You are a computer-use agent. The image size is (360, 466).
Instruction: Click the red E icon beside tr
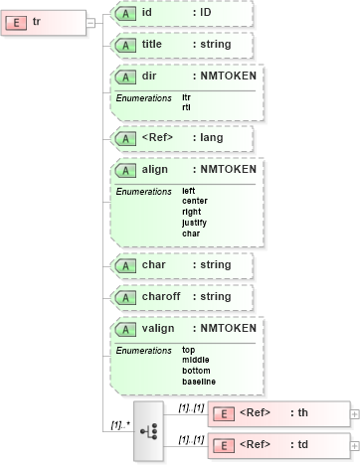tap(20, 22)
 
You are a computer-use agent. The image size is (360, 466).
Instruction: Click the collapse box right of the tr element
tap(90, 22)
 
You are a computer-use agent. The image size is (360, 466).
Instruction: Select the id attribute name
tap(147, 13)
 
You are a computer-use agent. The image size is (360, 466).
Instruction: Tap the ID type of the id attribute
tap(205, 13)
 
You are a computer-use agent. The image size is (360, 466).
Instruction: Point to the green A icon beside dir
tap(125, 77)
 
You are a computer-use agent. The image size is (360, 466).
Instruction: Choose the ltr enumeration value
tap(187, 97)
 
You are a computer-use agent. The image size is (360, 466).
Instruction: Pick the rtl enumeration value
tap(186, 106)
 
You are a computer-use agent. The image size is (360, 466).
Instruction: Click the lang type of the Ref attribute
tap(211, 138)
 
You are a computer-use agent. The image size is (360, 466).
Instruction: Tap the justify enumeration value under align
tap(194, 223)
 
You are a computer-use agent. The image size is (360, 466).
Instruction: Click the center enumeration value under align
tap(195, 201)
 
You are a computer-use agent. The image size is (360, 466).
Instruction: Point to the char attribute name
tap(154, 265)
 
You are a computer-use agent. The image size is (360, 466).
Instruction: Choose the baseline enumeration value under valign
tap(198, 381)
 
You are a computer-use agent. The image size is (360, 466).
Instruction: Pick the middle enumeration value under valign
tap(196, 359)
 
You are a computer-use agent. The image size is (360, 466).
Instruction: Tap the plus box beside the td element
tap(355, 447)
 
